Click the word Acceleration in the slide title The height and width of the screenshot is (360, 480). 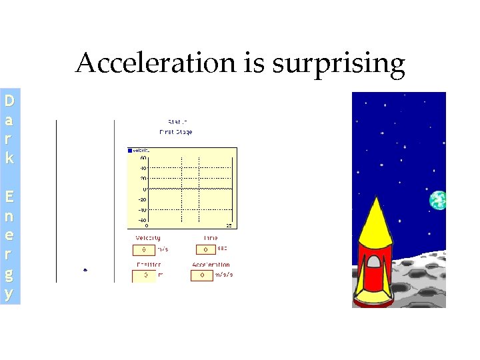155,64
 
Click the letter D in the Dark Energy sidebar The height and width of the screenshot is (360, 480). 9,102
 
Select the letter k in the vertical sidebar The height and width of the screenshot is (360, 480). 9,159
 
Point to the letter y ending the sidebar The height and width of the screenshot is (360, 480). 9,293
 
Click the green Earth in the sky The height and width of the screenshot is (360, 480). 438,199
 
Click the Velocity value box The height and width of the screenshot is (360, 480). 143,250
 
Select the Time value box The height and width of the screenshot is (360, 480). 205,250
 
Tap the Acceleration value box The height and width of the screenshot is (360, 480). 201,275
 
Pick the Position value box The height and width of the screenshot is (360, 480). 143,275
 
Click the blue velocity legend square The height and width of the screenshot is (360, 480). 130,151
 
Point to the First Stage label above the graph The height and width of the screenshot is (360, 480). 175,132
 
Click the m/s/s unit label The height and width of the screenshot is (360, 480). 223,275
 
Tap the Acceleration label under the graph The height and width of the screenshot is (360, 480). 211,265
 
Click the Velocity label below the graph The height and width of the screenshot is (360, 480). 148,238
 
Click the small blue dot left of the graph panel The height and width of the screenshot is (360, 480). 85,270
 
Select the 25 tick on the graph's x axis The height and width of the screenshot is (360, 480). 229,226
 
